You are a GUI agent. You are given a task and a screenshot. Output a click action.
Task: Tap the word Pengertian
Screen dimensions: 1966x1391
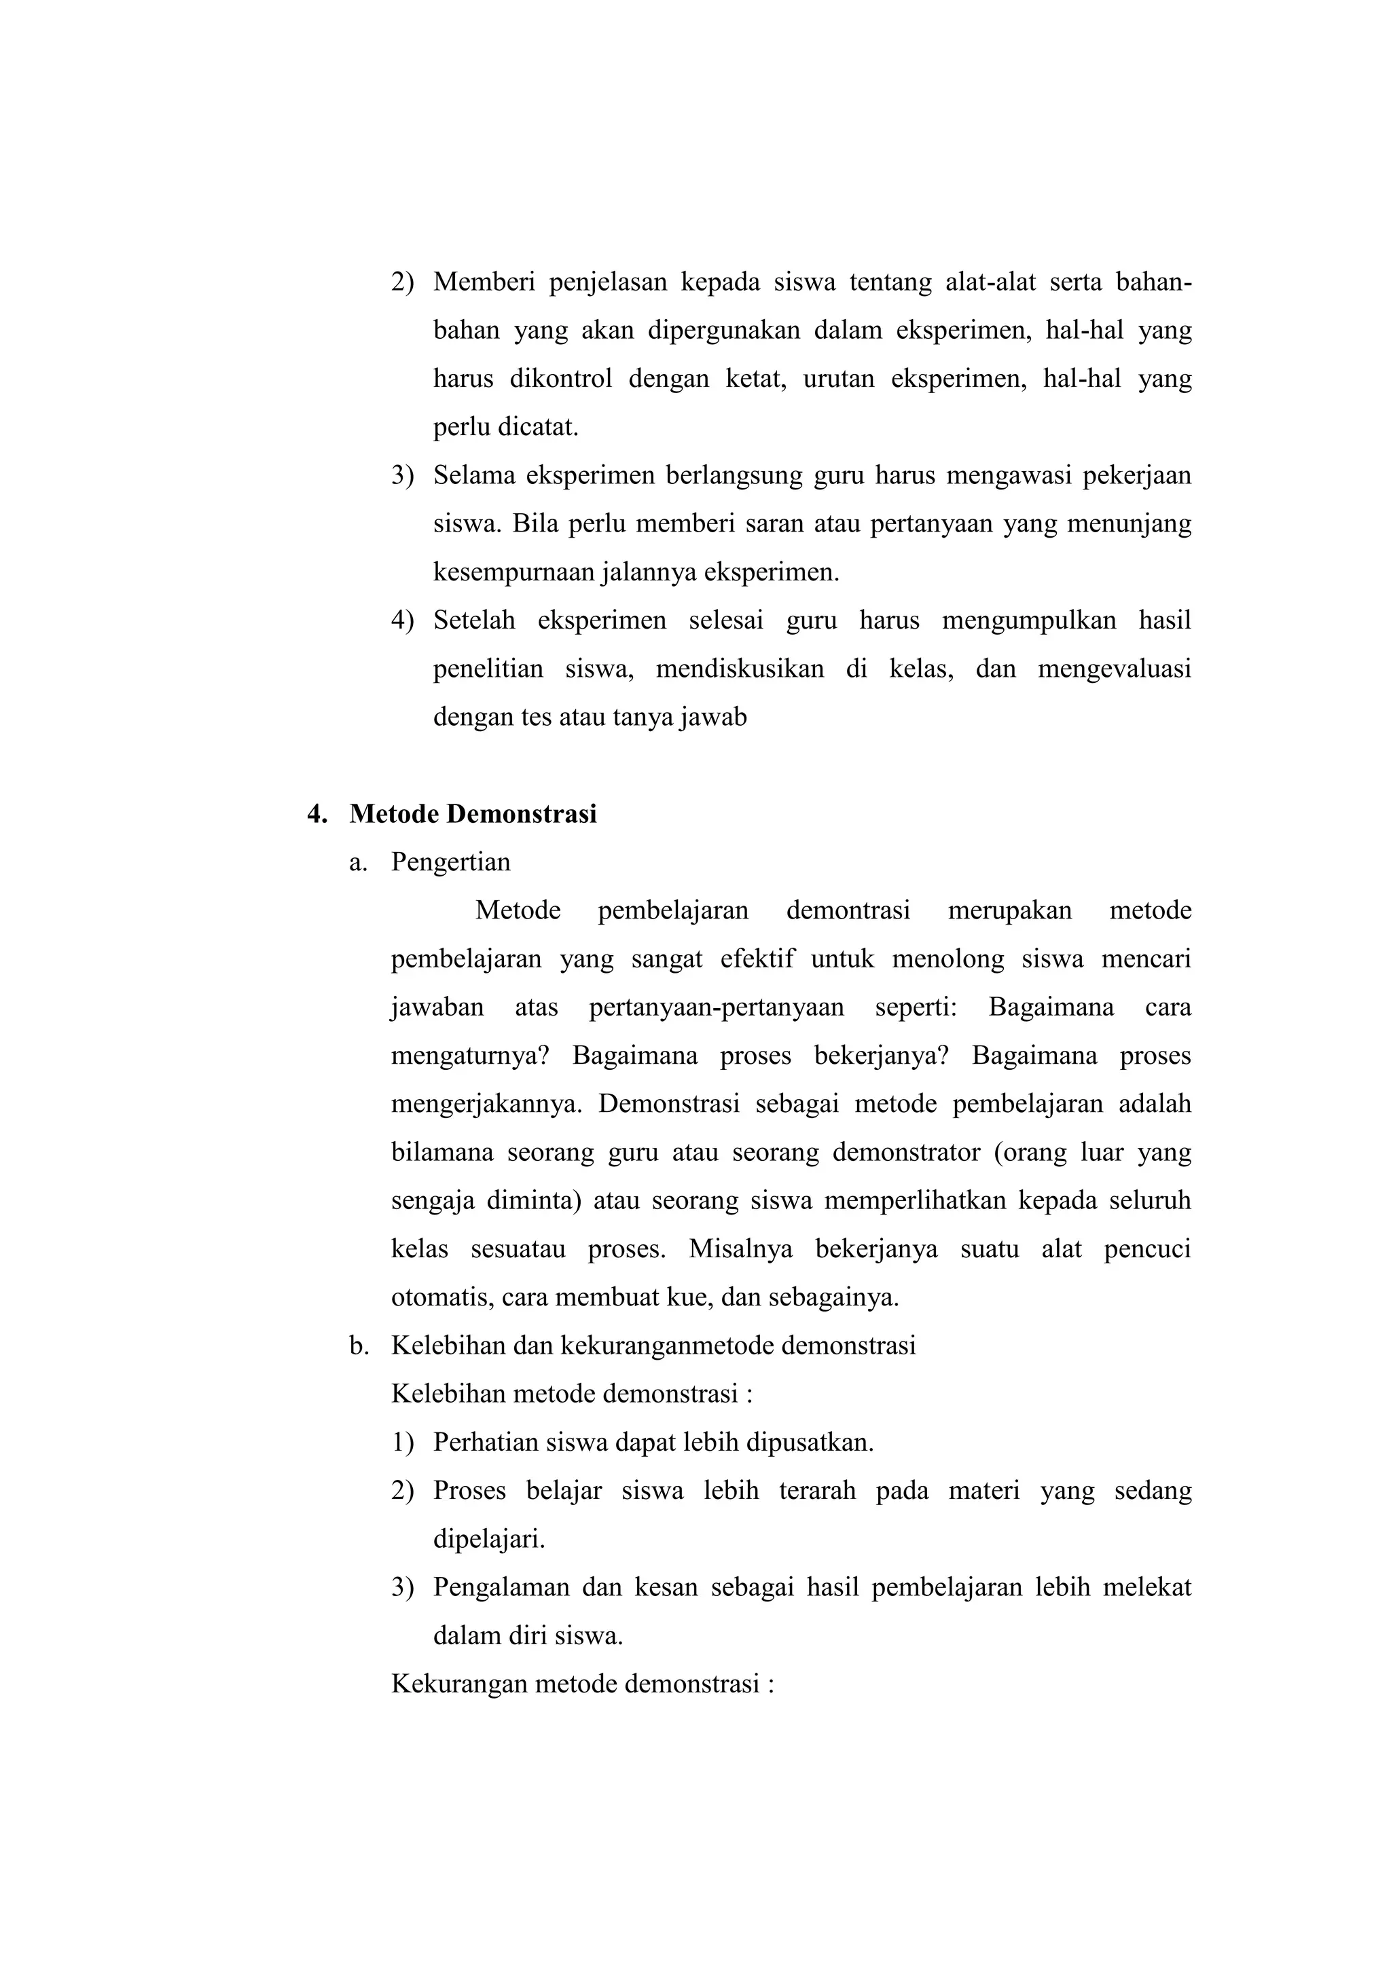[x=450, y=861]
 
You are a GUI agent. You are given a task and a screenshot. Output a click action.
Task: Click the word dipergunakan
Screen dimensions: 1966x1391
[x=723, y=331]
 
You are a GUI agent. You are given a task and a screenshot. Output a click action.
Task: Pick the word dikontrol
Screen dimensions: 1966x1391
[x=561, y=379]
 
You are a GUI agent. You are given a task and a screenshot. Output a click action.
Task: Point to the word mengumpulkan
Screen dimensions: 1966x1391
[x=1029, y=620]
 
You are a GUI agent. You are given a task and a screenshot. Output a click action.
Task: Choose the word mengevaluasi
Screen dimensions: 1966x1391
[x=1113, y=669]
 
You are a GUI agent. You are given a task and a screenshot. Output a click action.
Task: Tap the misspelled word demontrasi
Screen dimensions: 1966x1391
[x=848, y=910]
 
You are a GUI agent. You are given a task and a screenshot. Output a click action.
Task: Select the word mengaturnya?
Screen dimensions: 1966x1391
[x=469, y=1056]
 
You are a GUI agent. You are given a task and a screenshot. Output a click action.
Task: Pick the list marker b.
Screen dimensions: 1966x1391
[x=359, y=1346]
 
